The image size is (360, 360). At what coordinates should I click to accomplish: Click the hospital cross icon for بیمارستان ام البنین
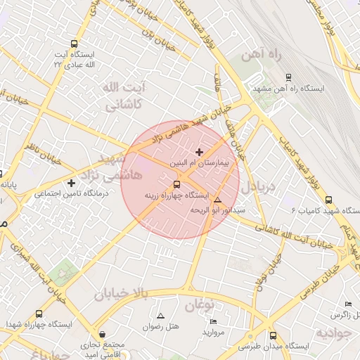coord(199,152)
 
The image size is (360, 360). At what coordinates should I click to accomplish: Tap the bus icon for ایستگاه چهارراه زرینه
coord(176,185)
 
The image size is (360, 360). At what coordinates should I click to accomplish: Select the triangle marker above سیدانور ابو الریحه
coord(217,200)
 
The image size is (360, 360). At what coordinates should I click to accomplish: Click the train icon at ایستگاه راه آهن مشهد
coord(288,78)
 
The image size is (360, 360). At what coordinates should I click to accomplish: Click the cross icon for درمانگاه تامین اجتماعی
coord(71,183)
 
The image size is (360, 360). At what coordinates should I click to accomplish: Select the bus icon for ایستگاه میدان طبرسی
coord(273,336)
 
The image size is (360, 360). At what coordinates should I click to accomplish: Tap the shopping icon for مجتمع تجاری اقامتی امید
coord(103,335)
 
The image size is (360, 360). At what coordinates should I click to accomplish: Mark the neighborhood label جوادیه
coord(333,330)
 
